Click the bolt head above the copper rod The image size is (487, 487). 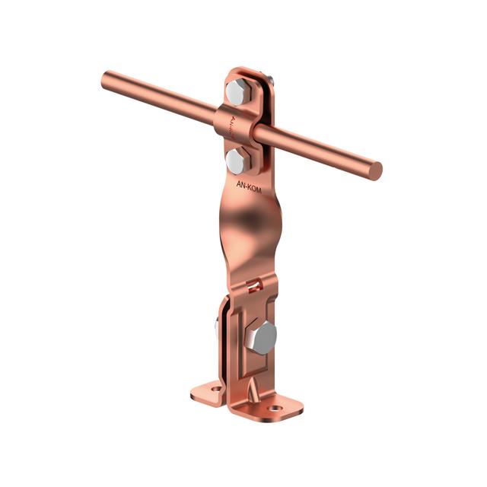click(x=237, y=91)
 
